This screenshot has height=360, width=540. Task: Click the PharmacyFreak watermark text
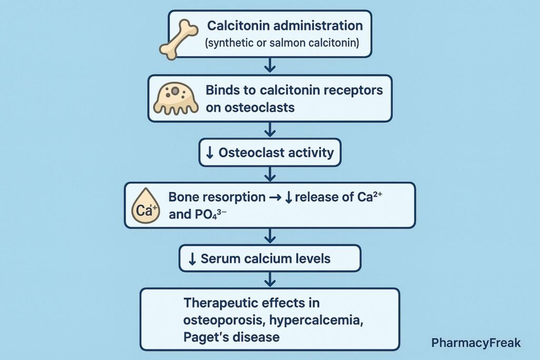476,343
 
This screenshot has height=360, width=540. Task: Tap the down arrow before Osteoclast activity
209,153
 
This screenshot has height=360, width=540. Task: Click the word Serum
220,259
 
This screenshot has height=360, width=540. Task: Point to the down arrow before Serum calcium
192,259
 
